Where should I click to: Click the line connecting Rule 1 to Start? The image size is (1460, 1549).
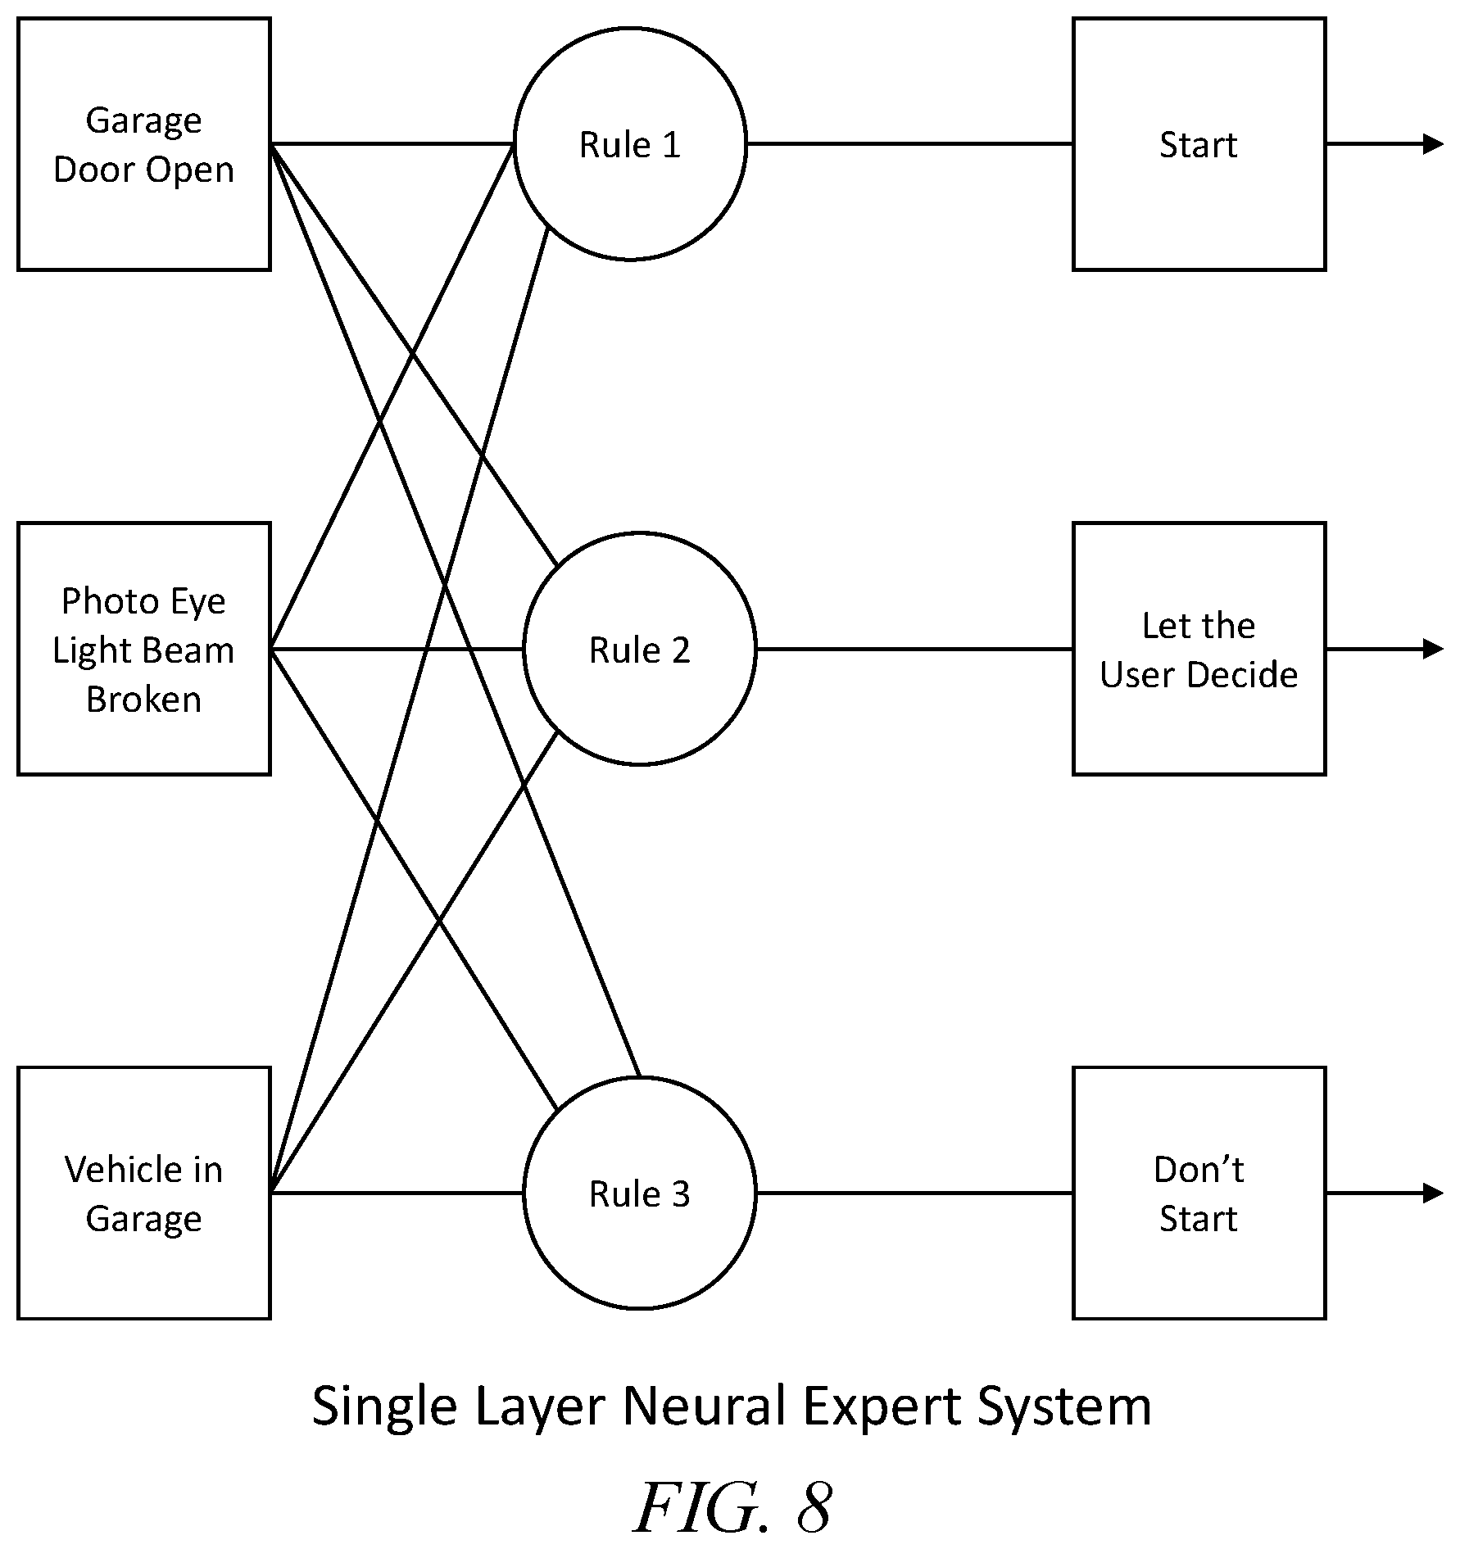pyautogui.click(x=910, y=144)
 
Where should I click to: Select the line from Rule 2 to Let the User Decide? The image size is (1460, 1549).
pyautogui.click(x=915, y=649)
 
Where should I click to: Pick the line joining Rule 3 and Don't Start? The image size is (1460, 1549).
pyautogui.click(x=915, y=1193)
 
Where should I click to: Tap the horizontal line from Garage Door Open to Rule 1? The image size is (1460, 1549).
pyautogui.click(x=392, y=144)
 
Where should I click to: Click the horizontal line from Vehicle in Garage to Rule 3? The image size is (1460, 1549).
pyautogui.click(x=397, y=1193)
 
